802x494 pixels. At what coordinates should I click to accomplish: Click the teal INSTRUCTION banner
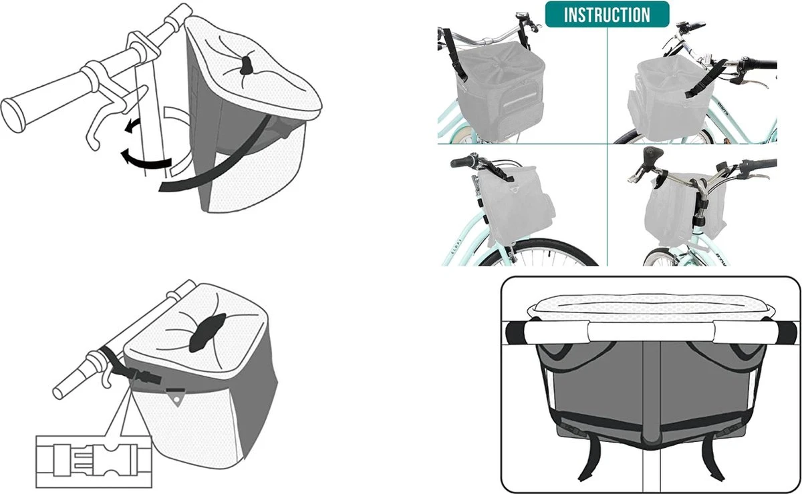click(x=607, y=14)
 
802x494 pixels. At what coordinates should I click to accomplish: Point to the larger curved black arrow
click(x=146, y=161)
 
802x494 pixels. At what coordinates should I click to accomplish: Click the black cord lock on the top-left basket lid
click(x=247, y=65)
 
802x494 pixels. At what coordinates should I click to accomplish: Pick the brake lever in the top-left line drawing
click(x=114, y=114)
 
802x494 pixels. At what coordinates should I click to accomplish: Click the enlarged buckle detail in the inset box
click(x=94, y=461)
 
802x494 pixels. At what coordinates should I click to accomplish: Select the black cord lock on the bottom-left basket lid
click(x=208, y=332)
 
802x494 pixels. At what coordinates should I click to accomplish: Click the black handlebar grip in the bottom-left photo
click(x=462, y=162)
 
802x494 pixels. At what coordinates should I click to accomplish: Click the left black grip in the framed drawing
click(x=515, y=332)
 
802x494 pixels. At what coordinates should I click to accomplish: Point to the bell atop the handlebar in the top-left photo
click(x=520, y=15)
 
